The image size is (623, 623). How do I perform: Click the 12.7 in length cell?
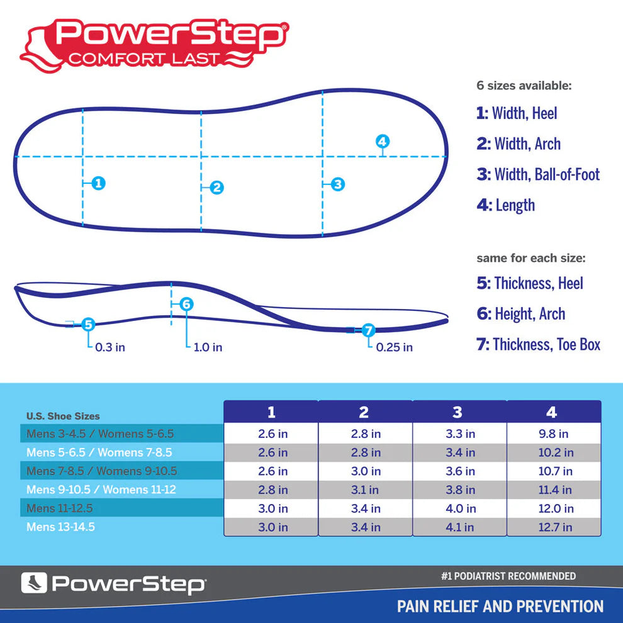point(554,527)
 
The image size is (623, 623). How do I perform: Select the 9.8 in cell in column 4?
point(554,434)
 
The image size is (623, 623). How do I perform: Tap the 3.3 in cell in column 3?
point(460,434)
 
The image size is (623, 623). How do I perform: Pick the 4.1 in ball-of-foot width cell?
point(460,527)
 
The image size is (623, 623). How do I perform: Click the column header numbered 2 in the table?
point(364,412)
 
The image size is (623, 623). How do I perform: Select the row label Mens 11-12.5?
point(61,508)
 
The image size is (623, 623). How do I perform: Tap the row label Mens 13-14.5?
point(60,527)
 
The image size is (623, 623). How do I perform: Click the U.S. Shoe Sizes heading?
point(63,416)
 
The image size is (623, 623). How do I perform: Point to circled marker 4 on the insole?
point(383,142)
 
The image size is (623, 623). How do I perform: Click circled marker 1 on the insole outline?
point(98,183)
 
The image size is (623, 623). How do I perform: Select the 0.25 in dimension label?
point(395,347)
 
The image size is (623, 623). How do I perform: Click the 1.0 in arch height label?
point(208,347)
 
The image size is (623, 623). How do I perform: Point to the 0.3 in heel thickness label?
point(109,347)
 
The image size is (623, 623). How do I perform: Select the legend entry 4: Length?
point(506,205)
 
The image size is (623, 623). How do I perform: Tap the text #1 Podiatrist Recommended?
point(508,576)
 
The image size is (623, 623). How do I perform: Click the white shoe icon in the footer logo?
point(33,583)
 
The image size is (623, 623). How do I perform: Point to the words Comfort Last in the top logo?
point(144,59)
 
